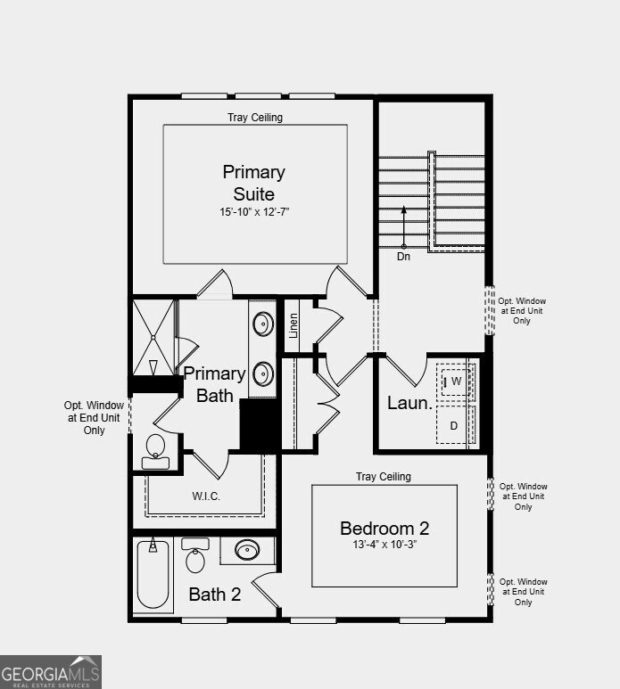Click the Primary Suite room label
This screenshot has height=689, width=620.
point(253,183)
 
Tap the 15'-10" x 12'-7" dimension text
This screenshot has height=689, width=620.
point(254,212)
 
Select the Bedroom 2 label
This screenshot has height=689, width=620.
point(384,529)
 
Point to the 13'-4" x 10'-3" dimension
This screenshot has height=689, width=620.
point(384,545)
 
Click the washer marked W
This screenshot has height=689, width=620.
point(456,381)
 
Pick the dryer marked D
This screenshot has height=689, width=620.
point(454,425)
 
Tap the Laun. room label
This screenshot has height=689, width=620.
point(409,403)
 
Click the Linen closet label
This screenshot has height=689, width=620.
point(293,325)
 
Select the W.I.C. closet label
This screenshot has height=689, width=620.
point(206,496)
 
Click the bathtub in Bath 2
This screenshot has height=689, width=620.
point(153,574)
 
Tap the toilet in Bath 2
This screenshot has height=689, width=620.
point(195,555)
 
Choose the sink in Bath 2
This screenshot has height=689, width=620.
point(247,549)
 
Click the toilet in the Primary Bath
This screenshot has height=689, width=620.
point(155,451)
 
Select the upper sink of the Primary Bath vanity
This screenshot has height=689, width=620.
point(263,324)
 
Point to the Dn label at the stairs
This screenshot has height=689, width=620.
point(403,257)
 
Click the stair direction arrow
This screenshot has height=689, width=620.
point(403,226)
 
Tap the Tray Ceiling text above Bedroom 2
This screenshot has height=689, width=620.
point(384,477)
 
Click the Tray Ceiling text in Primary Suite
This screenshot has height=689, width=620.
point(255,118)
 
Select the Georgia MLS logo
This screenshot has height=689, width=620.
point(51,672)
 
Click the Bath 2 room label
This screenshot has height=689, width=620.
point(215,595)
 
